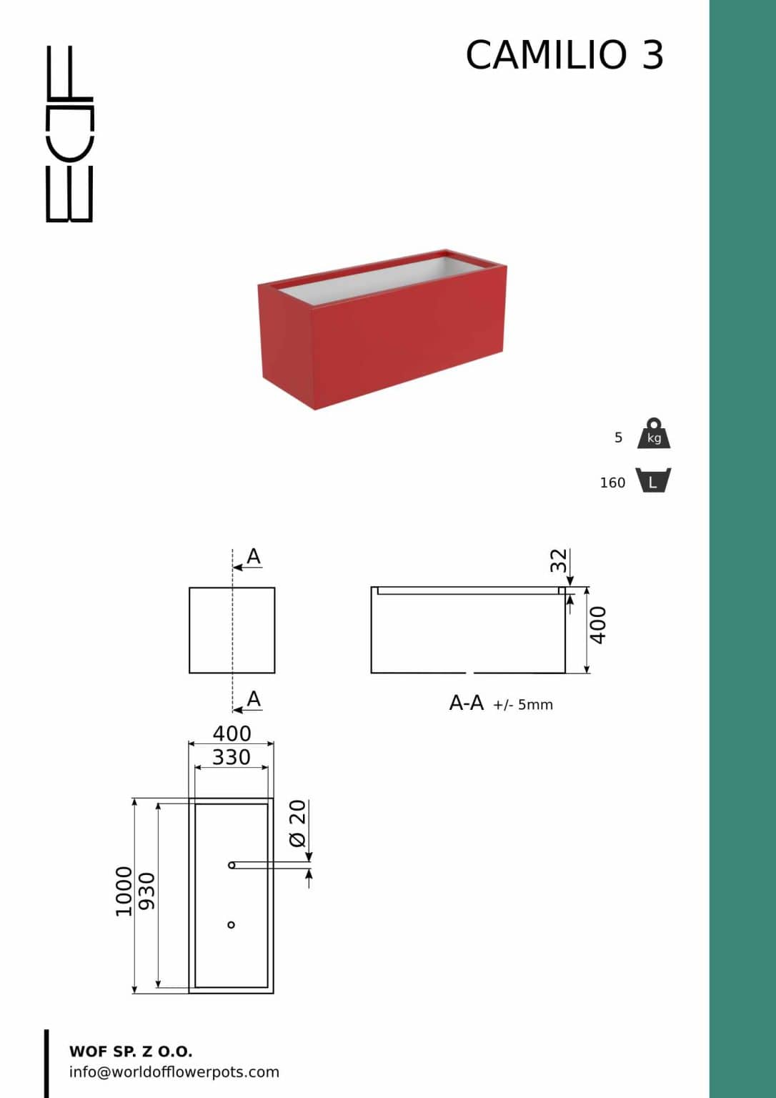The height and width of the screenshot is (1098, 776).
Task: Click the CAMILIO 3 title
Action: tap(564, 54)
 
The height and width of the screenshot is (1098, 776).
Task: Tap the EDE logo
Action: tap(69, 134)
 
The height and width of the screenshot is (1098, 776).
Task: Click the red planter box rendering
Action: tap(382, 329)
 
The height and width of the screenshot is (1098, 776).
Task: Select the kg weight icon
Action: tap(654, 433)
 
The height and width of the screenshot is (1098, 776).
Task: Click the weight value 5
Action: tap(618, 437)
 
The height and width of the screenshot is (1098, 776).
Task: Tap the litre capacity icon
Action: tap(654, 480)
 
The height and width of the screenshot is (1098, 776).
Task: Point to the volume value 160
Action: tap(612, 483)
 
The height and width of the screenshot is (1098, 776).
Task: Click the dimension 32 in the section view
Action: tap(558, 560)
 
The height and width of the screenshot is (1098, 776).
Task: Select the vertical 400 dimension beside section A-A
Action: tap(598, 625)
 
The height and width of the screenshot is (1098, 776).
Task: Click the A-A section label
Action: tap(467, 703)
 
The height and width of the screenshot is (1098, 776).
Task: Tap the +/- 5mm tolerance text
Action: tap(523, 705)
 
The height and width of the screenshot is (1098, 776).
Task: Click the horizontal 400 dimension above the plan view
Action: tap(232, 733)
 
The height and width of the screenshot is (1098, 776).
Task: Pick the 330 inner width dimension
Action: tap(232, 757)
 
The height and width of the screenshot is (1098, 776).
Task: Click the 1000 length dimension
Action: tap(124, 891)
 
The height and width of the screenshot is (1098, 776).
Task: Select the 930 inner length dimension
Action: tap(146, 891)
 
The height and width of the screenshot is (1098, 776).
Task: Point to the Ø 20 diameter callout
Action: tap(297, 823)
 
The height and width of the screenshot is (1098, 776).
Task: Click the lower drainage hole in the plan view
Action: tap(232, 925)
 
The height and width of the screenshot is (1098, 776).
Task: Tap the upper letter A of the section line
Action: tap(254, 556)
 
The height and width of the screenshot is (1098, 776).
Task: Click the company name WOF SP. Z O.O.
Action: tap(131, 1052)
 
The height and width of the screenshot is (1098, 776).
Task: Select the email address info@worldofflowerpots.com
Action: tap(174, 1072)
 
